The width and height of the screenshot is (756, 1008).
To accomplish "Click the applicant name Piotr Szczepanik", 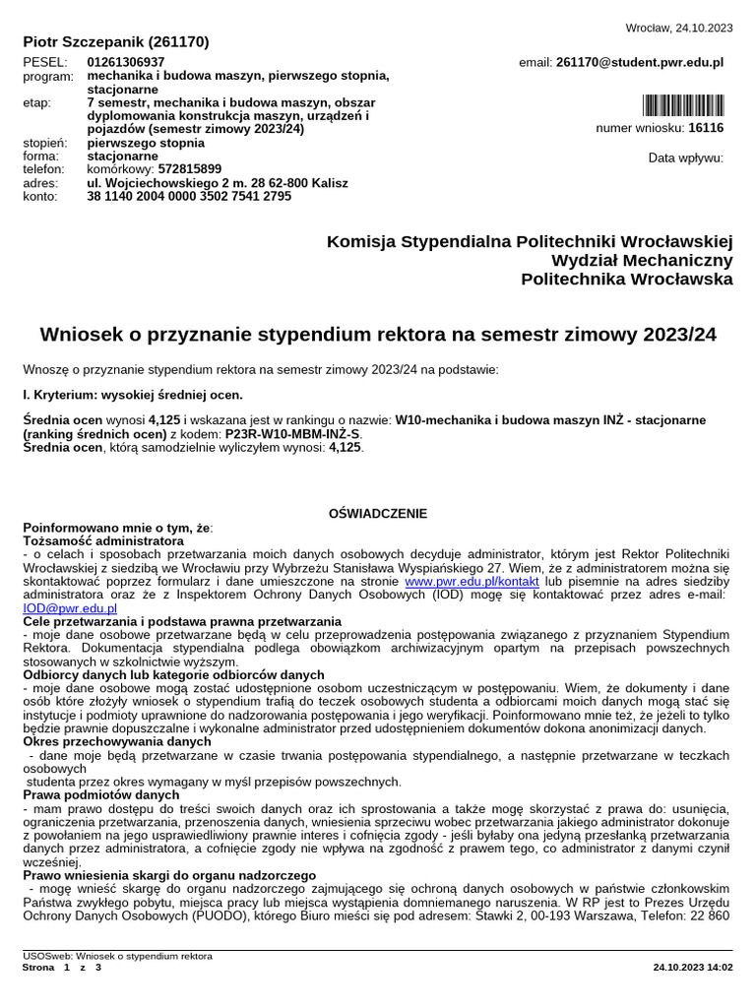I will tap(115, 42).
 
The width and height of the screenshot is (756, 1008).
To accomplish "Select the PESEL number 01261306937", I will tap(126, 62).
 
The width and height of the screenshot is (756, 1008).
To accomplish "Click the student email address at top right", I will tap(639, 62).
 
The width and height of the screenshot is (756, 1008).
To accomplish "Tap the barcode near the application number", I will tap(683, 106).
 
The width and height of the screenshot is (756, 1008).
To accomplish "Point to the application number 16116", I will tap(706, 128).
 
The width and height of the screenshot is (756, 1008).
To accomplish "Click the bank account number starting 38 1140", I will tap(189, 196).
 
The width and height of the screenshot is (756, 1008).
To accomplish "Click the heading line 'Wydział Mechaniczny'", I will tap(642, 260).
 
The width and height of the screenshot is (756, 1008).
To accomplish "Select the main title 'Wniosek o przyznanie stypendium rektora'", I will tap(378, 335).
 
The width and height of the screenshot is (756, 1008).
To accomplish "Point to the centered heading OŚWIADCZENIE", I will tap(378, 513).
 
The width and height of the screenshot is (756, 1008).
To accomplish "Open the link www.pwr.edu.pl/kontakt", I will tap(472, 582).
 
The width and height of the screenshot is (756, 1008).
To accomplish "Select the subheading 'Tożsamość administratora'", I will tap(102, 540).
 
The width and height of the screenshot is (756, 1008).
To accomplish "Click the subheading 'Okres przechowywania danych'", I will tap(116, 741).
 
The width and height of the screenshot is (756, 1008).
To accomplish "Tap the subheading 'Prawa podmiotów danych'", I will tap(100, 794).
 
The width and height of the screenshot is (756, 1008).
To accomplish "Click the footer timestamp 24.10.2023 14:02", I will tap(693, 968).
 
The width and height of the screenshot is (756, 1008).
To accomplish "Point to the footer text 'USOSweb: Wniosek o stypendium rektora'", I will tap(117, 956).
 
